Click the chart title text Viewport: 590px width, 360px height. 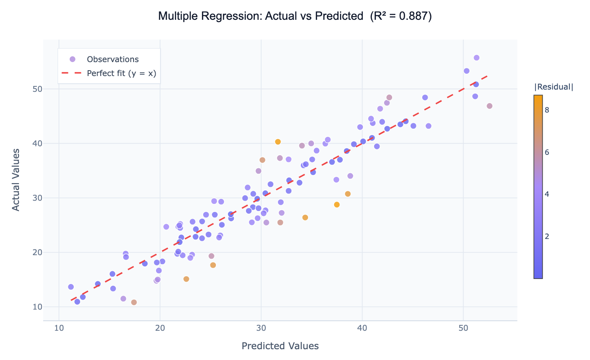295,16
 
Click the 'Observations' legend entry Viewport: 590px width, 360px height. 112,59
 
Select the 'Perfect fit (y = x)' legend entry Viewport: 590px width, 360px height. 121,73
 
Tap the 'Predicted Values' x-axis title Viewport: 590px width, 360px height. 280,346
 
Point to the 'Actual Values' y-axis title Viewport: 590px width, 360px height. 16,180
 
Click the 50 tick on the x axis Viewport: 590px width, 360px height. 463,328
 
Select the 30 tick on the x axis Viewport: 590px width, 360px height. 261,328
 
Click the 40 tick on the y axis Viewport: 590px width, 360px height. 36,144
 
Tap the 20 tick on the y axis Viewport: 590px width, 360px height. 36,252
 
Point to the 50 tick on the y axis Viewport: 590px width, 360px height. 36,89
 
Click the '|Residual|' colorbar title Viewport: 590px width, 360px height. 554,87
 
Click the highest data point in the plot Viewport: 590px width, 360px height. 476,58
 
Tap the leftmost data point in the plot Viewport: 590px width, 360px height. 71,287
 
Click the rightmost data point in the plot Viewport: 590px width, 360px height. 489,106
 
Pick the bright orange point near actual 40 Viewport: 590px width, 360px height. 278,142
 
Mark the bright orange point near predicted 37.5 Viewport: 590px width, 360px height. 337,204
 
